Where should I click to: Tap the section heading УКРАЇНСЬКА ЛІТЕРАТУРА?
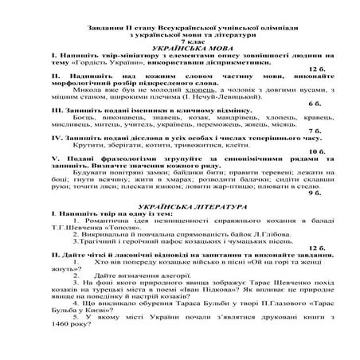pyautogui.click(x=179, y=205)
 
